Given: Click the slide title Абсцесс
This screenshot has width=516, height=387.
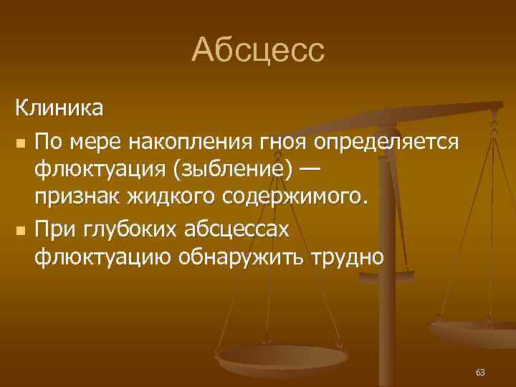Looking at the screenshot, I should pyautogui.click(x=258, y=50).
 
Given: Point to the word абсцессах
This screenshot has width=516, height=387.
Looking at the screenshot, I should pyautogui.click(x=238, y=229).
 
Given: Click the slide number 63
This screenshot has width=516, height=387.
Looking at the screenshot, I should pyautogui.click(x=480, y=373).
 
